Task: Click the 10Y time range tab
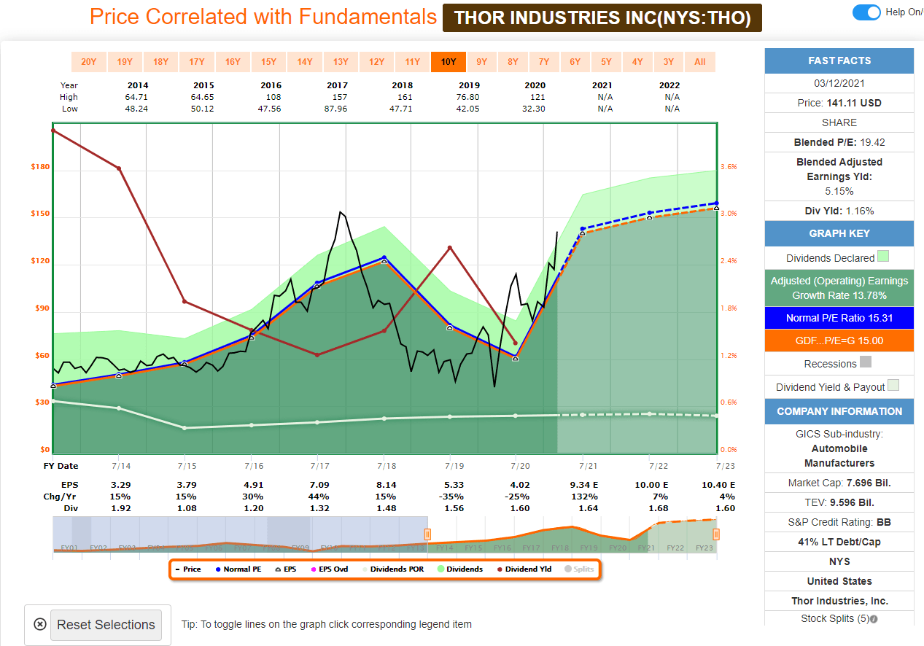[x=448, y=62]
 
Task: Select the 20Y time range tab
[x=88, y=62]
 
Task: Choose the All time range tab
[x=699, y=62]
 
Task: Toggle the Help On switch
[x=866, y=12]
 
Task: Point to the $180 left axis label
[x=40, y=167]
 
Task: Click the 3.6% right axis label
[x=729, y=167]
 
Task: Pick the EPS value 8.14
[x=384, y=485]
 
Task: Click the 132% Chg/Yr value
[x=583, y=497]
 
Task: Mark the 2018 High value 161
[x=405, y=97]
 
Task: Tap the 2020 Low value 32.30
[x=535, y=109]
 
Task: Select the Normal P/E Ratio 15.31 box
[x=839, y=318]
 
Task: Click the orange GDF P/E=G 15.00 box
[x=839, y=340]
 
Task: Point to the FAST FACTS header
[x=839, y=61]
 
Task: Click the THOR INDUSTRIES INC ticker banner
[x=602, y=17]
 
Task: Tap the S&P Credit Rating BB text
[x=839, y=522]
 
